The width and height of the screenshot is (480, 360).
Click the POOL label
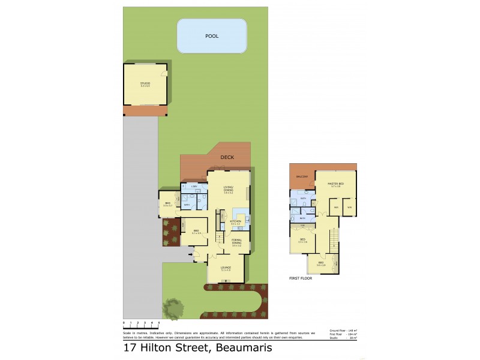point(212,36)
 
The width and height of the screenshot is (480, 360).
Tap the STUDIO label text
point(145,83)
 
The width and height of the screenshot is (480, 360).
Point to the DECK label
point(227,157)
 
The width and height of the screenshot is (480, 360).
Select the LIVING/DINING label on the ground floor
point(228,189)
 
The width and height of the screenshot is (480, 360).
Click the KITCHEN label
point(235,222)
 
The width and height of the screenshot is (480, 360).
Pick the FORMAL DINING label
point(236,242)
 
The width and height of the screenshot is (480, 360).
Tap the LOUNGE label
point(225,268)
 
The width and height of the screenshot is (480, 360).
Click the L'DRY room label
point(194,187)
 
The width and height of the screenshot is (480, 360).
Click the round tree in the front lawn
point(174,308)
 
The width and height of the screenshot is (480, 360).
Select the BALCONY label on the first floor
point(301,176)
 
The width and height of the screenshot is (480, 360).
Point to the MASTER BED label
point(335,184)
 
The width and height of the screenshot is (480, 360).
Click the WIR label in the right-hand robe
point(349,208)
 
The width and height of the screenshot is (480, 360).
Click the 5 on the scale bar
point(159,323)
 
